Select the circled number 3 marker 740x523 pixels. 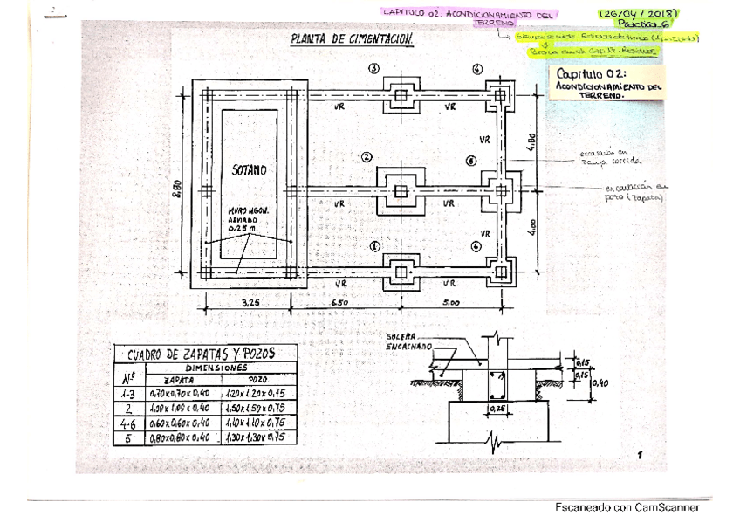(374, 69)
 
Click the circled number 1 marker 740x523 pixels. (375, 247)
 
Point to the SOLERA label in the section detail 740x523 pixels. (403, 336)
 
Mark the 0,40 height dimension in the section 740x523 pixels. (600, 381)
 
